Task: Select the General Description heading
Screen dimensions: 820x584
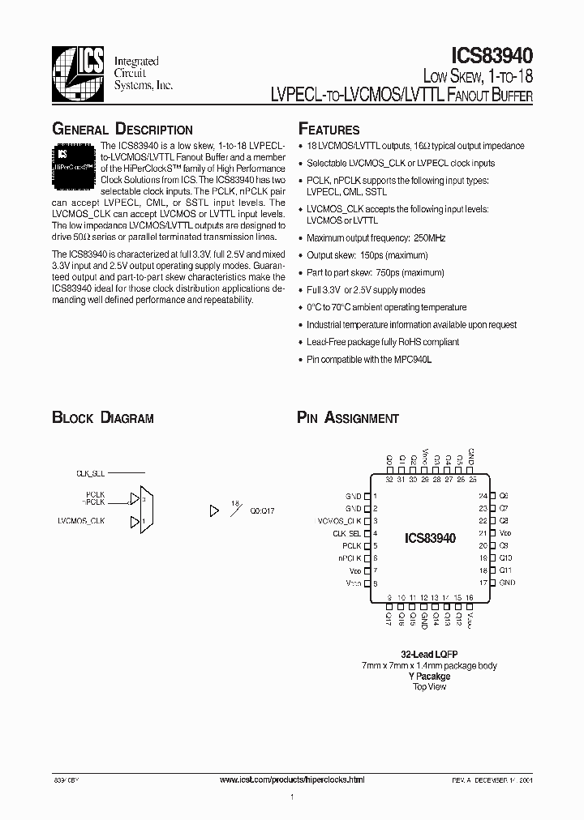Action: click(122, 130)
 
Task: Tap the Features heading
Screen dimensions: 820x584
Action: click(329, 130)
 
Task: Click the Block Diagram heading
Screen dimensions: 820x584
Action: click(103, 418)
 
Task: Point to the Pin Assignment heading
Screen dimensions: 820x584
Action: click(348, 418)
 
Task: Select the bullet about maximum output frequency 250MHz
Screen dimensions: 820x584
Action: click(376, 238)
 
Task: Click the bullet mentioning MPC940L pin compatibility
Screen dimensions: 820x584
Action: click(369, 359)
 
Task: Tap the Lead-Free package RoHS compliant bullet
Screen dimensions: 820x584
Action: click(383, 342)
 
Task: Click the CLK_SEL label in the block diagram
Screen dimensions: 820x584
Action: click(90, 472)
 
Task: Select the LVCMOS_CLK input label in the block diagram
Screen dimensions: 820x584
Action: click(82, 521)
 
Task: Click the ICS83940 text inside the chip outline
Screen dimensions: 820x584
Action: click(429, 538)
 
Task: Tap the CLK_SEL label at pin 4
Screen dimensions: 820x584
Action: click(346, 533)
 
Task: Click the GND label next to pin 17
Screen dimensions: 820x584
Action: click(507, 583)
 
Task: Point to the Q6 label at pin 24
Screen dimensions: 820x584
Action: click(504, 495)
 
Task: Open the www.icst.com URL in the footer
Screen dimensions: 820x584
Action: click(292, 779)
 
